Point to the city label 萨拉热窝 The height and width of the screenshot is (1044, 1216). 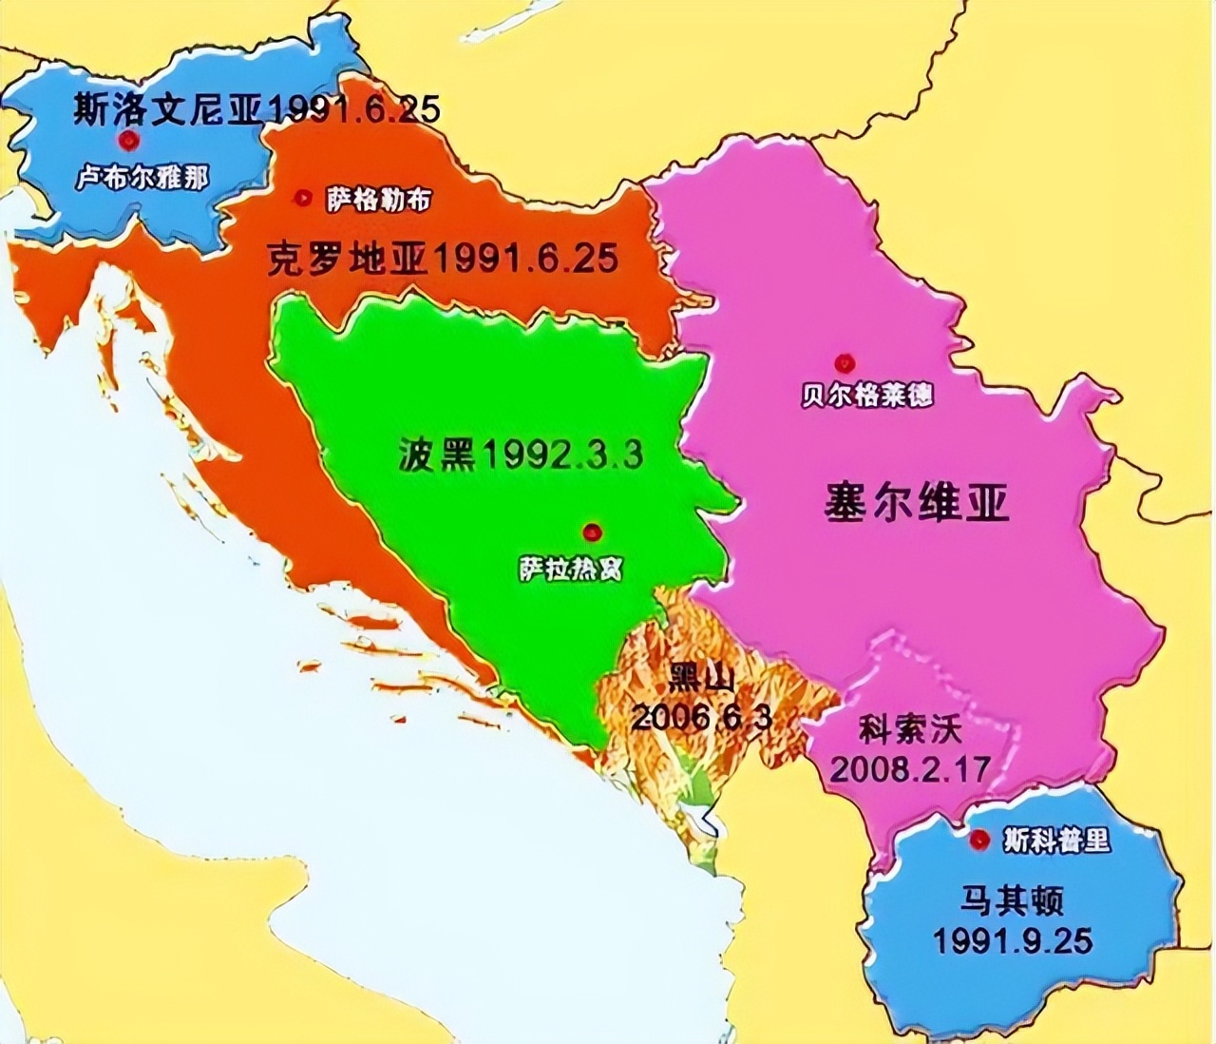[571, 568]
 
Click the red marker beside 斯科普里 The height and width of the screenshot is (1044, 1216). [978, 840]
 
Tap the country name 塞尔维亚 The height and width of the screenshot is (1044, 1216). [916, 502]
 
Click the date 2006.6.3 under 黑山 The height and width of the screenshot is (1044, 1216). [701, 717]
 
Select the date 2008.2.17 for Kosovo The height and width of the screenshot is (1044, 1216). [909, 767]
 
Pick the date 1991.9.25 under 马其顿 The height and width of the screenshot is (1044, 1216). [1012, 940]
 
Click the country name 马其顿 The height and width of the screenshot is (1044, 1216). [1012, 899]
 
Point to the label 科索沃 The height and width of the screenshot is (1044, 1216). [910, 730]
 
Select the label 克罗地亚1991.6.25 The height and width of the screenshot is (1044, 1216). [443, 259]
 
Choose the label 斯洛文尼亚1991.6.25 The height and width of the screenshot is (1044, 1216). [256, 109]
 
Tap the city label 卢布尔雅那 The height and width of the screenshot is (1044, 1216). [142, 178]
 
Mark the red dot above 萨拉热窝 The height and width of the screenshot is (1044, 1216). [593, 532]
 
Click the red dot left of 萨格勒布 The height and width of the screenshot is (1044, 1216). [303, 198]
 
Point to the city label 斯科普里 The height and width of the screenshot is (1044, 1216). [1055, 841]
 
